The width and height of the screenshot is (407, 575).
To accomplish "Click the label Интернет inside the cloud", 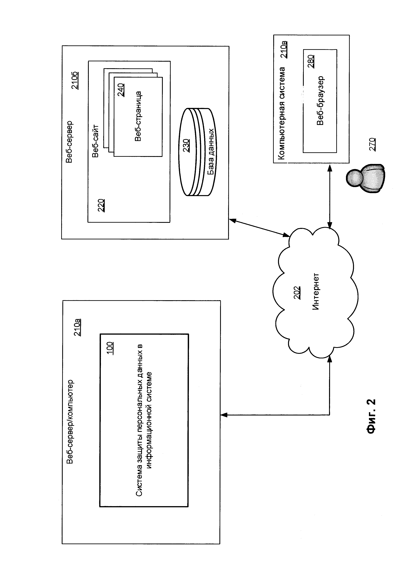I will [x=316, y=292].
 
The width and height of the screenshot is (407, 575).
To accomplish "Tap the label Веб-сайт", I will [x=96, y=141].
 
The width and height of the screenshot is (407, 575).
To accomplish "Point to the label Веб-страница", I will [x=138, y=116].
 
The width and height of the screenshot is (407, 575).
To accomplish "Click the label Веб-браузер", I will [x=320, y=101].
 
